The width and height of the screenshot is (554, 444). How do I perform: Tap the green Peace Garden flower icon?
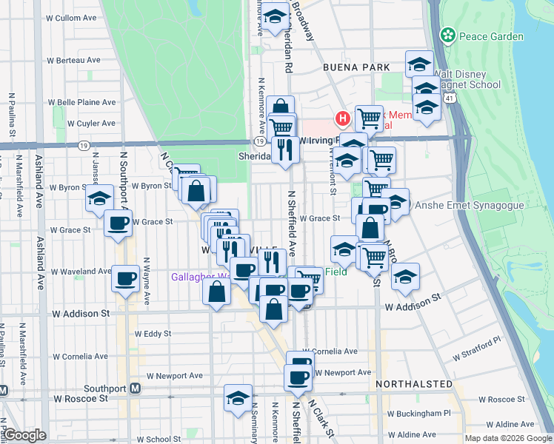coord(447,35)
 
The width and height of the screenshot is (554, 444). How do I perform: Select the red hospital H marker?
coord(342,118)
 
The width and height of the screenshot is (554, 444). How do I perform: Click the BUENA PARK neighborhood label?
coord(356,67)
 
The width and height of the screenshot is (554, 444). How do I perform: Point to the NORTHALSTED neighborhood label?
coord(414,384)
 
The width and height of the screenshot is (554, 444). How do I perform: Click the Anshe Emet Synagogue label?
coord(461,205)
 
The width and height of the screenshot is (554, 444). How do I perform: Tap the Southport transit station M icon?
coord(136,388)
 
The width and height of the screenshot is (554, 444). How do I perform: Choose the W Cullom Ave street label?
coord(71,17)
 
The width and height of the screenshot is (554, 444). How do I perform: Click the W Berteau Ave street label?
coord(73,60)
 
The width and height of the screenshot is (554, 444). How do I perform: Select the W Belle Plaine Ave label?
coord(81,102)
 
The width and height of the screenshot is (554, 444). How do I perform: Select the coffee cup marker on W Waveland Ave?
coord(125,279)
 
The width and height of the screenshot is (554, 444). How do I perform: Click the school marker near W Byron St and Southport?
coord(99,198)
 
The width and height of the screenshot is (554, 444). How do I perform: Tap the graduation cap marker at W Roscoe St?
coord(238,397)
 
